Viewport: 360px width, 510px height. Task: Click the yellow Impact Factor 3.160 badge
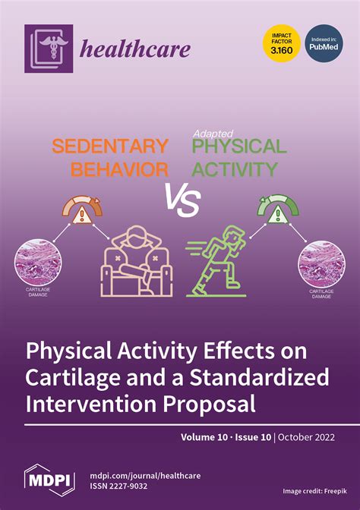pos(281,43)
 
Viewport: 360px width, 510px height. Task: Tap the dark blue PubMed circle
pos(324,43)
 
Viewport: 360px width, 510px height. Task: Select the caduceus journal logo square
pos(49,49)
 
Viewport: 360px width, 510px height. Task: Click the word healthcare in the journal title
pos(135,49)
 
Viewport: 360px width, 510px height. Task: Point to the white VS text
pos(182,200)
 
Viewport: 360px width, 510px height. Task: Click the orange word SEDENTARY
pos(110,146)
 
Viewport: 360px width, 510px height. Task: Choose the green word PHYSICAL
pos(239,146)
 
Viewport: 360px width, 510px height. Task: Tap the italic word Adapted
pos(213,134)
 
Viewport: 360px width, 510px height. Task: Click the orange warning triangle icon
pos(82,216)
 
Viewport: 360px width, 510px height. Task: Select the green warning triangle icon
pos(278,215)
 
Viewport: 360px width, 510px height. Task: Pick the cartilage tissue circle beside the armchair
pos(38,262)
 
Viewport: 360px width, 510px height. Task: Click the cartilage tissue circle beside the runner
pos(321,264)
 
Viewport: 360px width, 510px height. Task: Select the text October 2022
pos(306,437)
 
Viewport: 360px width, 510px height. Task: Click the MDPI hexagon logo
pos(49,480)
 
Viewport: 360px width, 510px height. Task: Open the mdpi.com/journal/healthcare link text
pos(145,476)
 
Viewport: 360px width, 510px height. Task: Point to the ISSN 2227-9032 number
pos(118,486)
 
